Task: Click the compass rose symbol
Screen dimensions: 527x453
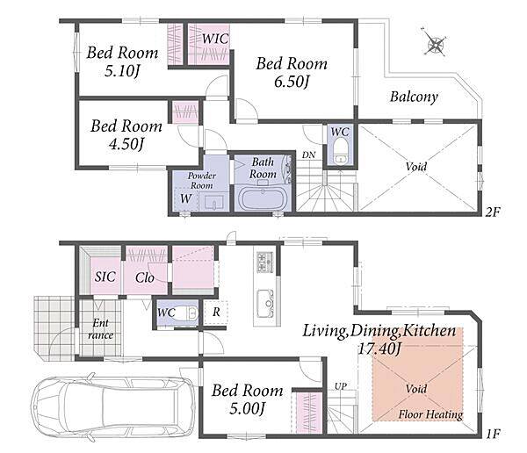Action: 435,42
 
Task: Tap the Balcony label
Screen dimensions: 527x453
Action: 414,97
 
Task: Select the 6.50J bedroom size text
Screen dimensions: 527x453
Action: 292,82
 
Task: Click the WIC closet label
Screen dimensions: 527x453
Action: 215,39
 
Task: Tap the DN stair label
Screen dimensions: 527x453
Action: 308,155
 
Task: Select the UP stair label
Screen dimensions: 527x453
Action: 341,386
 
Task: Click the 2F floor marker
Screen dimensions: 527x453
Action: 493,212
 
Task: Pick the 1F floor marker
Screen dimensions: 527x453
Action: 493,434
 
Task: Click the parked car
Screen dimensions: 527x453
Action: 113,406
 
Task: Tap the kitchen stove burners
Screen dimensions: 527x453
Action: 265,262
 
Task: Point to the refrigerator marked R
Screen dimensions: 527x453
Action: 216,313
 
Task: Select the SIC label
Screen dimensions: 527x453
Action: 105,277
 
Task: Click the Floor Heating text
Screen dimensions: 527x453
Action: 430,414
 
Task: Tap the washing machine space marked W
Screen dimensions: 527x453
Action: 186,198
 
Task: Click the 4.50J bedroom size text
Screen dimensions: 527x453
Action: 126,144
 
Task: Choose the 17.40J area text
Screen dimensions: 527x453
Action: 379,349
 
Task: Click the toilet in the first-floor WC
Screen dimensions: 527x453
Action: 186,313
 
